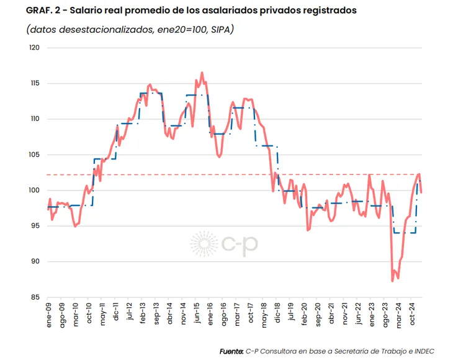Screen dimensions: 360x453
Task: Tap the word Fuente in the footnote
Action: point(231,351)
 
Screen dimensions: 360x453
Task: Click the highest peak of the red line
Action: point(202,73)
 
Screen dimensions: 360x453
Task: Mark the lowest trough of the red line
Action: point(392,281)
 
